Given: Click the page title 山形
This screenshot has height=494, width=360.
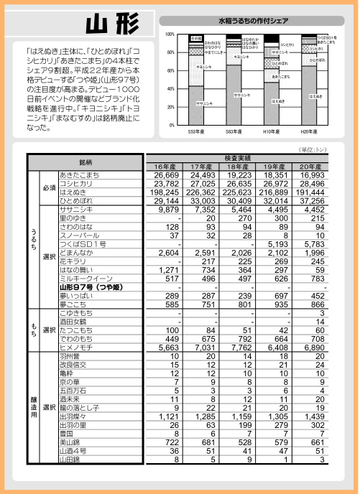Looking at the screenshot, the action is [x=111, y=24].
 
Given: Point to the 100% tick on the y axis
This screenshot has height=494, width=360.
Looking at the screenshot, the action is [x=170, y=34].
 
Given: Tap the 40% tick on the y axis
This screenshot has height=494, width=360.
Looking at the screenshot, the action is [x=171, y=89].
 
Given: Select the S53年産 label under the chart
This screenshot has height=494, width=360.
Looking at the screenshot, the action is [x=197, y=131].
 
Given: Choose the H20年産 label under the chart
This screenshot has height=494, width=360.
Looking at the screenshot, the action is [x=310, y=131].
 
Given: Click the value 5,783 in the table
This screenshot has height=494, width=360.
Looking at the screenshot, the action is [x=313, y=244].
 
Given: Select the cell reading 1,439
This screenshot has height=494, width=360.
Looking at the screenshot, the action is [x=313, y=416].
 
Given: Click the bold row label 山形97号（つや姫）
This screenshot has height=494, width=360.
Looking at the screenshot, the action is [x=93, y=287].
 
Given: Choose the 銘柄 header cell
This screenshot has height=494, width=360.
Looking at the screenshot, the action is [x=86, y=162].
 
